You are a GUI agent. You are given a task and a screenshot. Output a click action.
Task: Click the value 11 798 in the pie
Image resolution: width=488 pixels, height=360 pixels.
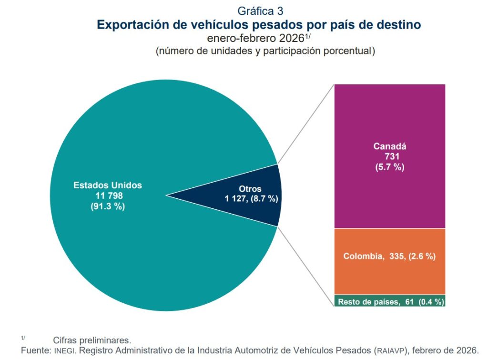pos(108,195)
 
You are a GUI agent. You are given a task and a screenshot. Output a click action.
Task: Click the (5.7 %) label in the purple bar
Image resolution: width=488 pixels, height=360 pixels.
pos(389,167)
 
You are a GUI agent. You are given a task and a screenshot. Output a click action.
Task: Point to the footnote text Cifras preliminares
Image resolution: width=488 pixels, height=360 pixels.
pos(92,340)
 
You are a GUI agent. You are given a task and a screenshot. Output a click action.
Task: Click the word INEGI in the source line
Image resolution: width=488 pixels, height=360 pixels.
pos(63,350)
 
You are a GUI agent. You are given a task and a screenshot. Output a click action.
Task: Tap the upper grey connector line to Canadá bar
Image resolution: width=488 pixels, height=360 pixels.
pos(305,124)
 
